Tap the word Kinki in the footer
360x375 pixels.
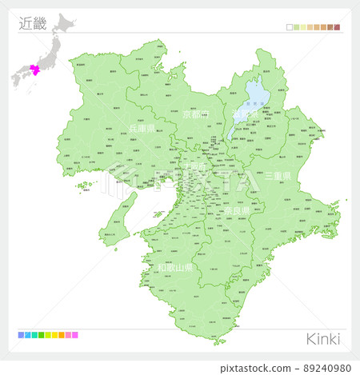pos(322,338)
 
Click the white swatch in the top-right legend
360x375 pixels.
pos(290,27)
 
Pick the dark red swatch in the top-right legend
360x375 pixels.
pos(338,27)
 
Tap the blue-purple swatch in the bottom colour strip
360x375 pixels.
pos(21,335)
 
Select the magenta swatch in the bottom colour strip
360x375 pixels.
pos(74,335)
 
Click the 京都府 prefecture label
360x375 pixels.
pos(194,114)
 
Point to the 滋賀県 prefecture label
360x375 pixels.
pos(244,114)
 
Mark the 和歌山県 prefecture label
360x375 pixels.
pos(174,268)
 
